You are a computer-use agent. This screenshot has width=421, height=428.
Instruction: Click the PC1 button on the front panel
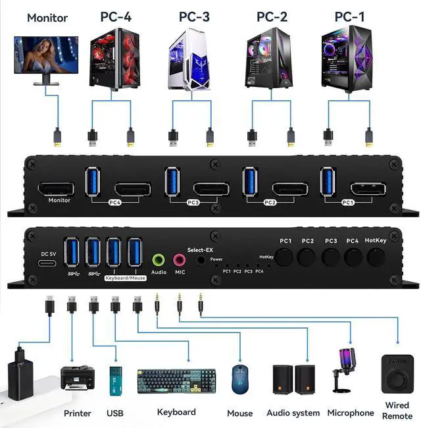pyautogui.click(x=285, y=257)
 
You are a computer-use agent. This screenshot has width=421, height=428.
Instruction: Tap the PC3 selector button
pyautogui.click(x=331, y=257)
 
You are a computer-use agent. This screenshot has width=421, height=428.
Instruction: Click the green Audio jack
pyautogui.click(x=159, y=260)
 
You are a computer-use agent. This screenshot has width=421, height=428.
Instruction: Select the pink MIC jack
pyautogui.click(x=179, y=260)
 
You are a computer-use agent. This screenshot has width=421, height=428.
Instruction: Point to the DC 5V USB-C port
pyautogui.click(x=45, y=265)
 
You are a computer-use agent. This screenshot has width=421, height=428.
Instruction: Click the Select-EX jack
pyautogui.click(x=200, y=261)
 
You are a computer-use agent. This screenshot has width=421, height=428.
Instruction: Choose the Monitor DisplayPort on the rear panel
pyautogui.click(x=56, y=189)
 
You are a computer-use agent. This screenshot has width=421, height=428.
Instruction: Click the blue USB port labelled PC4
pyautogui.click(x=93, y=182)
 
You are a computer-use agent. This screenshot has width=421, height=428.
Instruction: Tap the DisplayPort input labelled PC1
pyautogui.click(x=367, y=188)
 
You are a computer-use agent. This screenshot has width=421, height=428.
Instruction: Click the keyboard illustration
pyautogui.click(x=176, y=381)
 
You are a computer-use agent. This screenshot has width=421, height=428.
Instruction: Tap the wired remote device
pyautogui.click(x=397, y=375)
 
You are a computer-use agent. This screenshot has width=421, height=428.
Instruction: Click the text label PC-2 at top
pyautogui.click(x=272, y=16)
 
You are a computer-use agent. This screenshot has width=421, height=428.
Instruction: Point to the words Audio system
pyautogui.click(x=293, y=413)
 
